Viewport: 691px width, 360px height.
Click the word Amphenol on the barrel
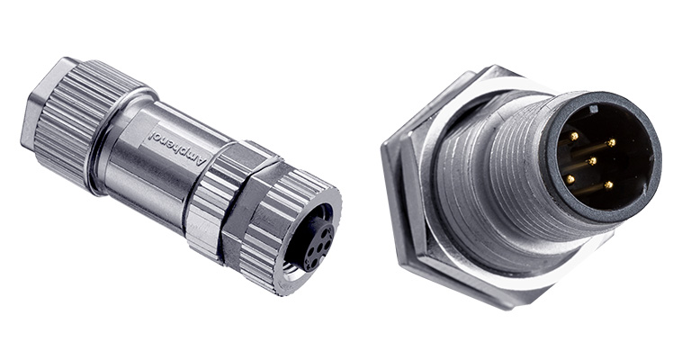tap(177, 148)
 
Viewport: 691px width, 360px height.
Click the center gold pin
tap(593, 161)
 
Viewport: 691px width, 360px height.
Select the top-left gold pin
tap(574, 137)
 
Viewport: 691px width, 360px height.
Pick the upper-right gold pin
tap(611, 143)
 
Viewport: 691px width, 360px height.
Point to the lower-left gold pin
tap(570, 179)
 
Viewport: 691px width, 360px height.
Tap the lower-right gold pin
tap(608, 185)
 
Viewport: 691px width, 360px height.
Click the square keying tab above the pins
tap(593, 108)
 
